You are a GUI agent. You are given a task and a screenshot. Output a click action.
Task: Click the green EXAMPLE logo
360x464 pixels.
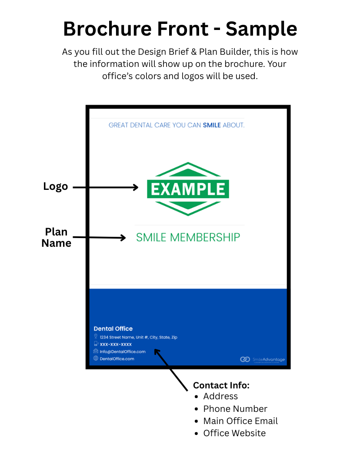(188, 189)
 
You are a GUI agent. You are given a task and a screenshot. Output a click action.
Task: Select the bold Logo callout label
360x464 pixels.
(56, 186)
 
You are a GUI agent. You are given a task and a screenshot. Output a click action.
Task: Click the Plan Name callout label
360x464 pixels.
(56, 237)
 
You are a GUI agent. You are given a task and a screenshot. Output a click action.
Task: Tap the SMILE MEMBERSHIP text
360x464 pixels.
(188, 237)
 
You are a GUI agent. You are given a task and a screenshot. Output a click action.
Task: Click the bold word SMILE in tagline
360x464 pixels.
(212, 125)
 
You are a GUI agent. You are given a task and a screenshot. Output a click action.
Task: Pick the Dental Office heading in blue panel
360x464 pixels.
(113, 329)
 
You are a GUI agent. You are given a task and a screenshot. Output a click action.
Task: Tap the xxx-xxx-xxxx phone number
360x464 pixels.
(116, 344)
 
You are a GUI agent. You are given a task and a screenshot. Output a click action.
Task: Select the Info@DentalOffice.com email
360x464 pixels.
(123, 351)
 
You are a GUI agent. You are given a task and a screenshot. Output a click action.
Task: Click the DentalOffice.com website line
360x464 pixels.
(117, 359)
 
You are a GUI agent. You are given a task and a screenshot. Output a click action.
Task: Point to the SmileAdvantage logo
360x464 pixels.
(263, 359)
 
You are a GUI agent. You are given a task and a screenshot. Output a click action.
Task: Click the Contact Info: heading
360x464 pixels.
(221, 385)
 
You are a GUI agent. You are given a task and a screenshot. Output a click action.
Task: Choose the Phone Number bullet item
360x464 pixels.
(235, 409)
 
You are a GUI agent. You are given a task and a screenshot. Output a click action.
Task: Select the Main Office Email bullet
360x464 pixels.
(240, 421)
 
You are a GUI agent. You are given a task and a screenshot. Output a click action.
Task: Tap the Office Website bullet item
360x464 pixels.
(234, 433)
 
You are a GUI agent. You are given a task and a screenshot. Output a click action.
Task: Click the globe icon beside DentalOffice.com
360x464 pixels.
(96, 358)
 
